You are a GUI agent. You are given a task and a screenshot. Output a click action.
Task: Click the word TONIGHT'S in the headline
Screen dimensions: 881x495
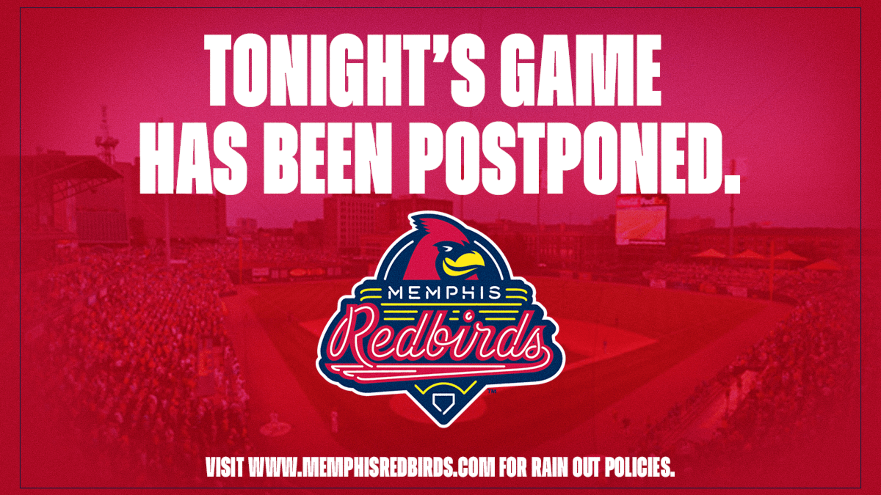click(x=345, y=71)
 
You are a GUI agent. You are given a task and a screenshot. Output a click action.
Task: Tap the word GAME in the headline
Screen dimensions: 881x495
click(x=581, y=71)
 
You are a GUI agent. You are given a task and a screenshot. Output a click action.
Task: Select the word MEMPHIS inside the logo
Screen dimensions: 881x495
click(x=444, y=293)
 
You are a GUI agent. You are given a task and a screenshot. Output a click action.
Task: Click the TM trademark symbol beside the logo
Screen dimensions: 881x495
click(x=492, y=391)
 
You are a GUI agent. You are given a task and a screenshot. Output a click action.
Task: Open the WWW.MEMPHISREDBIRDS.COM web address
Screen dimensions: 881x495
click(x=371, y=467)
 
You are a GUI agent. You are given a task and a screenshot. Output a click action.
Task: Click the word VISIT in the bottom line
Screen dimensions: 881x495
click(x=224, y=467)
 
